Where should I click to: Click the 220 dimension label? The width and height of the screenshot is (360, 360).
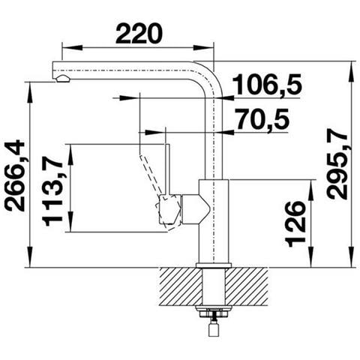(x=139, y=33)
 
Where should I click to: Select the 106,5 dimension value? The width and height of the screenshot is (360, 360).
(x=267, y=84)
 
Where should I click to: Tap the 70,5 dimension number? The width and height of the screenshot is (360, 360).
(x=263, y=118)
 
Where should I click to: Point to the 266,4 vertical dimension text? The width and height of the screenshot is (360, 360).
(x=14, y=176)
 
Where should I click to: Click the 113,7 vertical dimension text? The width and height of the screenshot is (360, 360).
(x=53, y=190)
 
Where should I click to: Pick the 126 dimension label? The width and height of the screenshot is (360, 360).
(x=295, y=224)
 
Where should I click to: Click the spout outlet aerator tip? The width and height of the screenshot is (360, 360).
(x=62, y=79)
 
